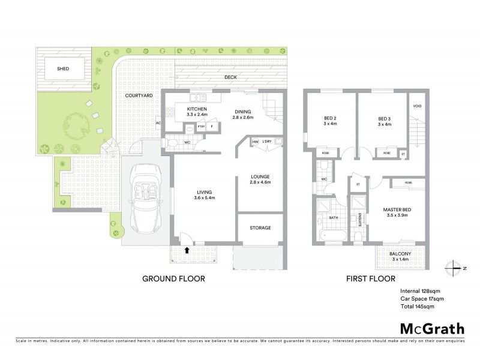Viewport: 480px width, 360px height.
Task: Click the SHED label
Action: [x=63, y=69]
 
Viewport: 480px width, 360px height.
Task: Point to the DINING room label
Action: [x=243, y=111]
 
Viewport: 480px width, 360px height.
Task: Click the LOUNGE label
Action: [x=261, y=177]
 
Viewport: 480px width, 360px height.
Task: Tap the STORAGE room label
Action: [x=260, y=228]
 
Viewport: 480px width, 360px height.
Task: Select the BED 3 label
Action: [x=385, y=119]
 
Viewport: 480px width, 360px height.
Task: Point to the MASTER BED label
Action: [x=396, y=210]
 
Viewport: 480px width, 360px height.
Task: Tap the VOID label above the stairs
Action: [x=418, y=106]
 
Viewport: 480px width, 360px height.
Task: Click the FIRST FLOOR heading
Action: [x=370, y=279]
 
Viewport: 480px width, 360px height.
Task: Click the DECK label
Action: [x=231, y=77]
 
